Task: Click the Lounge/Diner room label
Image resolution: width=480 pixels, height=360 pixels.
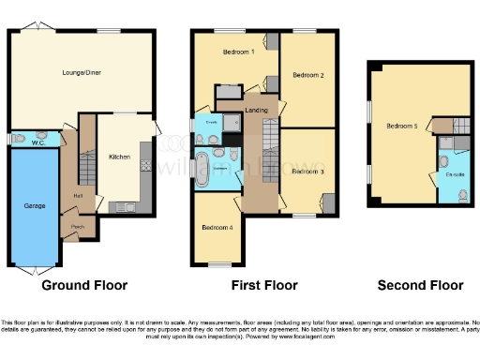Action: tap(81, 72)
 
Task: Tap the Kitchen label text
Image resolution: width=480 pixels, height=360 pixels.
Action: tap(119, 157)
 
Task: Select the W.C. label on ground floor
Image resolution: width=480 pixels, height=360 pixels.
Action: tap(38, 143)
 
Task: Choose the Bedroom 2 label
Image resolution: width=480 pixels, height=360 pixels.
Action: tap(307, 74)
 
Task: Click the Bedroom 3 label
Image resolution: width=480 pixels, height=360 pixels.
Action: tap(307, 172)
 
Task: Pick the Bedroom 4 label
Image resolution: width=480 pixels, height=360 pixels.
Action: tap(217, 228)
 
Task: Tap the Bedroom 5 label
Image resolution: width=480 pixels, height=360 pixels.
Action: tap(402, 127)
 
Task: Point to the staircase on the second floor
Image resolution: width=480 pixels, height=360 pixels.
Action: tap(459, 125)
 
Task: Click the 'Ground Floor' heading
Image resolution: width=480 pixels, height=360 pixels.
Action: tap(84, 285)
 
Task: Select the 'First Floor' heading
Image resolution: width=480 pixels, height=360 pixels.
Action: tap(266, 285)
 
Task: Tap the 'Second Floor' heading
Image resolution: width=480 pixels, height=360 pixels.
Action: tap(420, 285)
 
